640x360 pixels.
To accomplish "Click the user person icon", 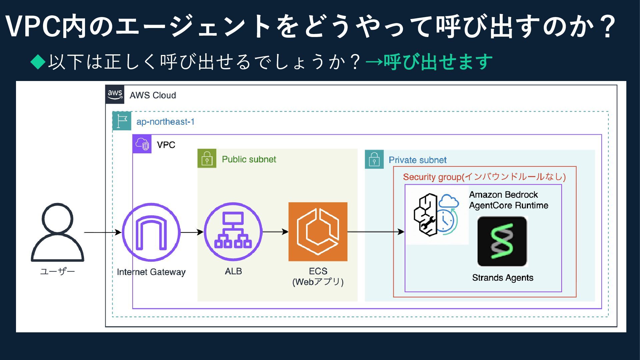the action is coord(57,232).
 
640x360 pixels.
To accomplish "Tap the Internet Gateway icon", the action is coord(151,232).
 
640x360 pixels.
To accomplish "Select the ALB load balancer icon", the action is coord(233,232).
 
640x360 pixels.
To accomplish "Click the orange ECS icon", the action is coord(318,232).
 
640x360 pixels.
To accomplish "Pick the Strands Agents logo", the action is coord(502,241).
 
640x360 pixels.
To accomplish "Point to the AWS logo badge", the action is coord(115,94).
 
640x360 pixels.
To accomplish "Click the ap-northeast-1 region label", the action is coord(165,122).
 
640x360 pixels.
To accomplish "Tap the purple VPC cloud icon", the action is coord(142,144).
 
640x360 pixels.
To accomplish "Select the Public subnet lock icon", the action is coord(207,158).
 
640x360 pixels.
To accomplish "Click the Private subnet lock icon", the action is coord(374,159).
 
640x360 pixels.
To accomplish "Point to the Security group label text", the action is coord(484,177).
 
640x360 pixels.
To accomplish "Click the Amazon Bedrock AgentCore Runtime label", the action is coord(509,200).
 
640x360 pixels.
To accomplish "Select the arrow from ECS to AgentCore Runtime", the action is coord(376,232).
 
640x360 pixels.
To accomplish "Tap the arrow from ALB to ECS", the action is coord(276,232).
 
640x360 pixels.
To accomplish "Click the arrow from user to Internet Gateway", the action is coord(103,232).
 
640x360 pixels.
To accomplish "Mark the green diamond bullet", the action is coord(38,62).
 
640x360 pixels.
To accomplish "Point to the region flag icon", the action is coord(122,121).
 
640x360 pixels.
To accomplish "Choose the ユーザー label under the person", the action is coord(57,271).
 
